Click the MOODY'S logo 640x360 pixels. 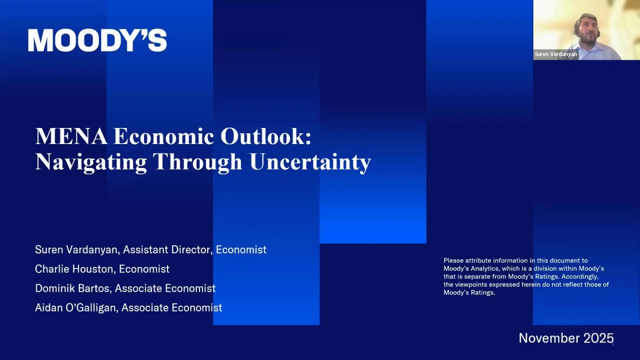click(x=97, y=40)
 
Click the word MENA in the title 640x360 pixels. click(x=71, y=137)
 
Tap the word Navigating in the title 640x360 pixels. click(x=91, y=163)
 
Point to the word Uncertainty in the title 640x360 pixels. click(x=310, y=163)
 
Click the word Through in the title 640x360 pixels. click(x=198, y=163)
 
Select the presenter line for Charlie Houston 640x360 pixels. click(x=102, y=269)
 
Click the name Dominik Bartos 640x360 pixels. click(x=73, y=289)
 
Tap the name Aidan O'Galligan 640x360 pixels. click(x=76, y=308)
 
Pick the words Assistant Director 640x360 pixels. click(x=166, y=250)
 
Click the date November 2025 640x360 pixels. click(x=566, y=338)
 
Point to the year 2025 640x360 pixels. click(x=598, y=338)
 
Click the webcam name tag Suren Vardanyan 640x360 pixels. click(x=556, y=54)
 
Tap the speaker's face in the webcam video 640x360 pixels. click(x=588, y=31)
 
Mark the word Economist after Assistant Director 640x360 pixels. click(x=241, y=250)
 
